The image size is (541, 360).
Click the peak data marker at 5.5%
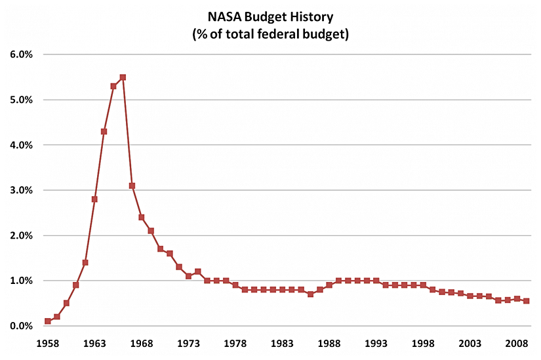(123, 77)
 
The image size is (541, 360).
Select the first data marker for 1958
(48, 321)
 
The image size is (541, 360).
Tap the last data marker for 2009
(527, 301)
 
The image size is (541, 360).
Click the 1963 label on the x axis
(94, 342)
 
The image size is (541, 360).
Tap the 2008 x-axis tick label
(517, 342)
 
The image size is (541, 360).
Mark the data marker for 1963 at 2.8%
(94, 199)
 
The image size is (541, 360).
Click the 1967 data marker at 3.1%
(132, 186)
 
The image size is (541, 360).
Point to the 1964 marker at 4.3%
(104, 131)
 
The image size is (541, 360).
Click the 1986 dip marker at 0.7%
(310, 294)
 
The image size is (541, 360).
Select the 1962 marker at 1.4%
(85, 262)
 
